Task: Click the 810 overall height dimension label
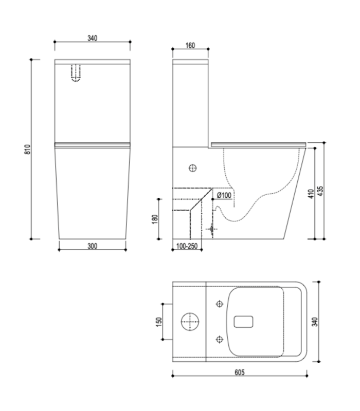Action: (x=28, y=149)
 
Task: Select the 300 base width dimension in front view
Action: (x=93, y=246)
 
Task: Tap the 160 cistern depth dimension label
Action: (x=190, y=46)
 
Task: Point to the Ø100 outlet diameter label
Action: (x=224, y=195)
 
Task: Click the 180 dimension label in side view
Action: (x=155, y=219)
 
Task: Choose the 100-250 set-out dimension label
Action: (x=187, y=247)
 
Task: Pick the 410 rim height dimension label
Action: (x=311, y=194)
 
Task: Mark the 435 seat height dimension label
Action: (x=320, y=191)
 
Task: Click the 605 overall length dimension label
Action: (x=240, y=372)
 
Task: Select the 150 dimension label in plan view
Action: (x=159, y=322)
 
